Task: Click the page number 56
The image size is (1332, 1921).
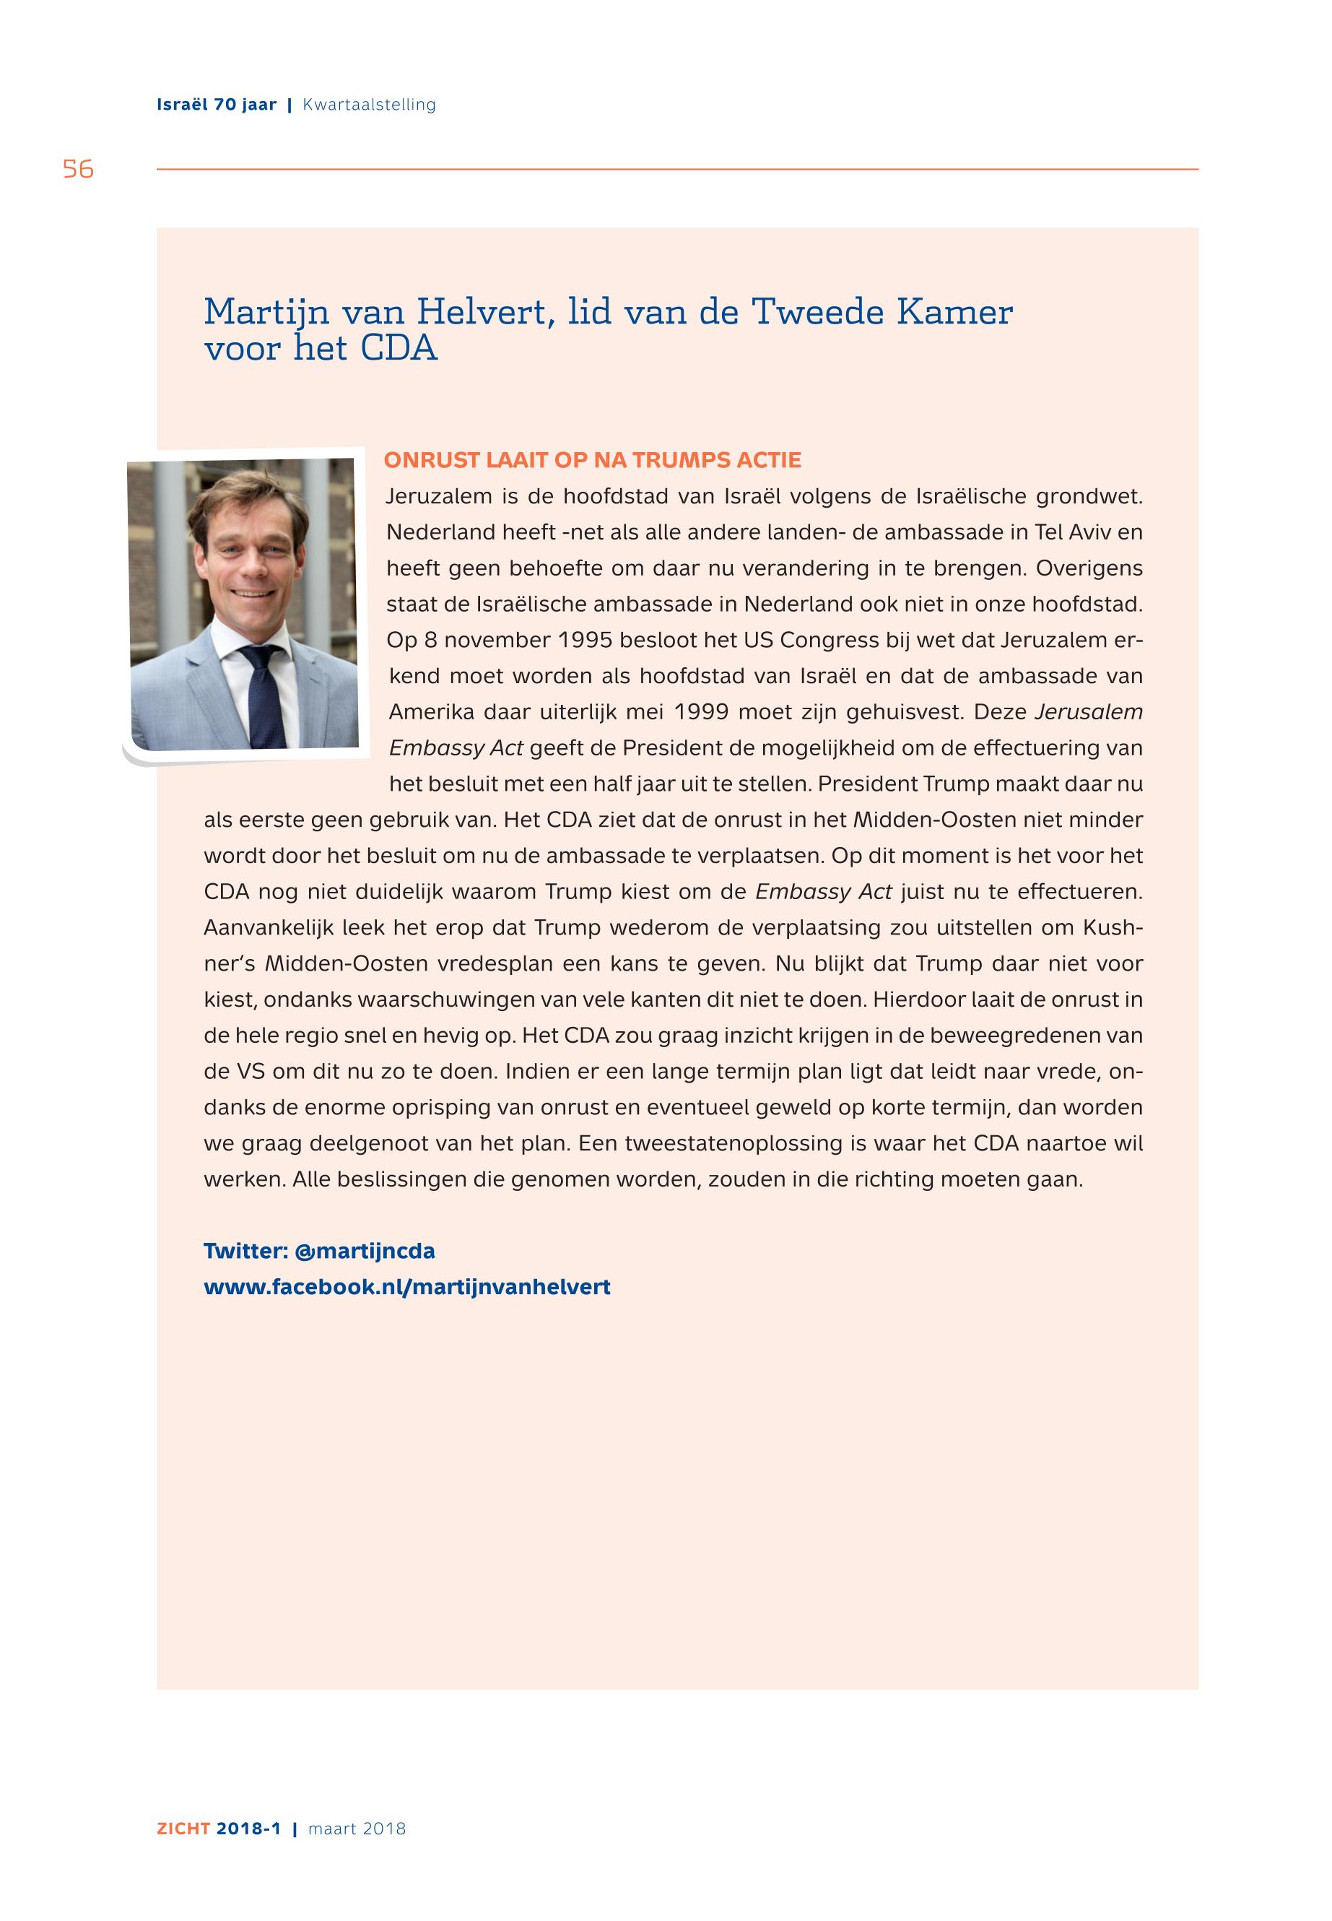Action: tap(78, 170)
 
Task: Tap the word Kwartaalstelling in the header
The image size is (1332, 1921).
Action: tap(369, 105)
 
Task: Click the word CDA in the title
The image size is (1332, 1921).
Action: tap(399, 348)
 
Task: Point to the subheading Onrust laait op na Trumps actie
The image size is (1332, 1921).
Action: tap(593, 460)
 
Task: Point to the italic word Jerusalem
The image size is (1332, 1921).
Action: tap(1088, 712)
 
